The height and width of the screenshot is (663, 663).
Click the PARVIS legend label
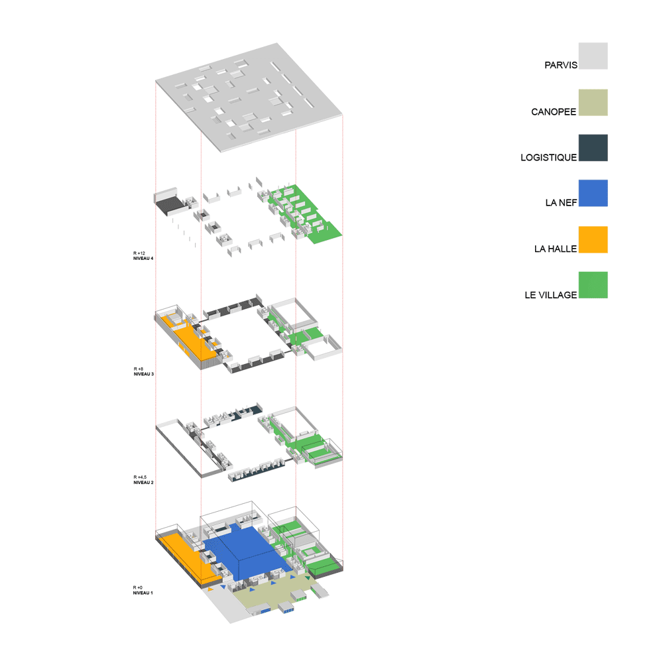pyautogui.click(x=561, y=65)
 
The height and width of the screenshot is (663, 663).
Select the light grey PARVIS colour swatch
pyautogui.click(x=593, y=56)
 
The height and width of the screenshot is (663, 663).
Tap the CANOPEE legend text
pyautogui.click(x=554, y=112)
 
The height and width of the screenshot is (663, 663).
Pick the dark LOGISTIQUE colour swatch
pyautogui.click(x=593, y=148)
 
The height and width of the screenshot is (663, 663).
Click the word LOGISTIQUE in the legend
pyautogui.click(x=548, y=158)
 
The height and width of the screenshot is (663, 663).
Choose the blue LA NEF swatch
pyautogui.click(x=593, y=193)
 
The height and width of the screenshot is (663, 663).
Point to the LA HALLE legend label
pyautogui.click(x=555, y=249)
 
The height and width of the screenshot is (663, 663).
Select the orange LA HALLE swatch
pyautogui.click(x=593, y=240)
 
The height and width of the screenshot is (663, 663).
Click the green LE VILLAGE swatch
pyautogui.click(x=593, y=285)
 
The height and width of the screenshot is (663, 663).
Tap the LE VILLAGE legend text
pyautogui.click(x=550, y=295)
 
